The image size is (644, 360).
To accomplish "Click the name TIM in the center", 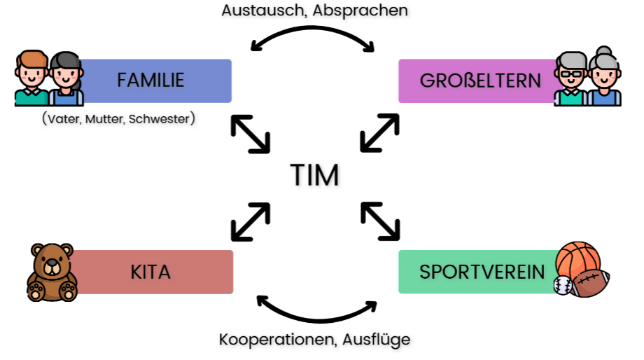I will [x=315, y=175].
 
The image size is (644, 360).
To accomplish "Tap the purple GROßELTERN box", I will [x=479, y=81].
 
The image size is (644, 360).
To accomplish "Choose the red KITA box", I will [x=151, y=272].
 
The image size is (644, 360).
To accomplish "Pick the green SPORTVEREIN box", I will [x=480, y=272].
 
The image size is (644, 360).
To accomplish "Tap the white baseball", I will [x=562, y=284].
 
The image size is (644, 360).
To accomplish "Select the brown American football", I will [x=590, y=282].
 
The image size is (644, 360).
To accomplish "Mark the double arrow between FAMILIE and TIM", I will [x=250, y=134].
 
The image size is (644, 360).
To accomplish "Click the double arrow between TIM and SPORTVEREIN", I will [x=380, y=221].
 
